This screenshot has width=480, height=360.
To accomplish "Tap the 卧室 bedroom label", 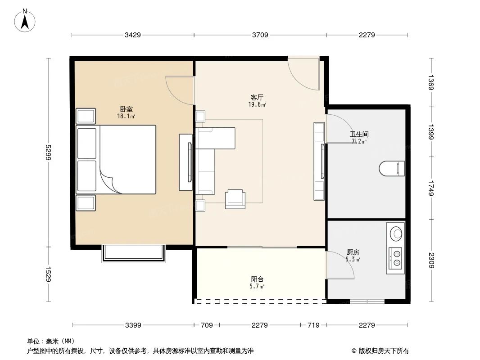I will point(126,109).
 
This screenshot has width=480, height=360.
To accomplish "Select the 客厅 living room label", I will point(257,97).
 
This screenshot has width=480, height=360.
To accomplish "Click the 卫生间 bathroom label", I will point(359,134).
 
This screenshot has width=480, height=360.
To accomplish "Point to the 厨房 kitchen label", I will point(353,252).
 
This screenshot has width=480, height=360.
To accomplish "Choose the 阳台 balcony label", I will point(257,279).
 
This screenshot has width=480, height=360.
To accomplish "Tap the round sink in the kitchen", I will point(396,234).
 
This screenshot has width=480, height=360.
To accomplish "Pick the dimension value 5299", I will point(49,152).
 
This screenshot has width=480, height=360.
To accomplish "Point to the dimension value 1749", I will point(431,188).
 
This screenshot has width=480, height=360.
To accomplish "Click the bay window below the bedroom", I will point(134,253).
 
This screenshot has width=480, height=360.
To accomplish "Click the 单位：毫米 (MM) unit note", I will point(51,341).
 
